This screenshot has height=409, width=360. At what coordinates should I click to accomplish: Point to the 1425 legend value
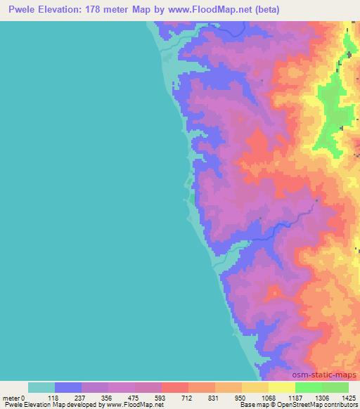[347, 397]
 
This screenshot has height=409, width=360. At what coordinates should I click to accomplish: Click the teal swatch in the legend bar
[41, 387]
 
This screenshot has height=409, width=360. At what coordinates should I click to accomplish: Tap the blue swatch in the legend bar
[68, 387]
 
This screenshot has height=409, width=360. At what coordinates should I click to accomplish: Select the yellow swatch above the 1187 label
[282, 387]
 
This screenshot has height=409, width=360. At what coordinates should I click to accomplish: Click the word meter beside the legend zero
[12, 397]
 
